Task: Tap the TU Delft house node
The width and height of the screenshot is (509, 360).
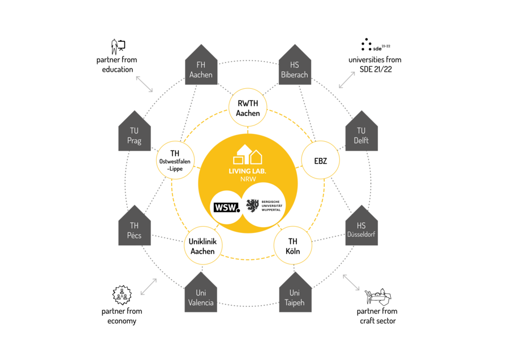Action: [x=361, y=135]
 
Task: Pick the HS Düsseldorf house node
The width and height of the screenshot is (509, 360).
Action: [x=361, y=229]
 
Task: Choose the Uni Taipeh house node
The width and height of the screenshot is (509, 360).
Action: [x=295, y=296]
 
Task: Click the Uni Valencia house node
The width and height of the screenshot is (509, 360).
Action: [x=201, y=296]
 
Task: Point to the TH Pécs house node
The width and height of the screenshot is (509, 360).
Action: [x=134, y=229]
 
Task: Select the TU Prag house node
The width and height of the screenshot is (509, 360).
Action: [x=134, y=135]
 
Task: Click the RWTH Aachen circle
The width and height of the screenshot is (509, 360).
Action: [x=248, y=107]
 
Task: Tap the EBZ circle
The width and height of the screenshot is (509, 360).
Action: [x=320, y=161]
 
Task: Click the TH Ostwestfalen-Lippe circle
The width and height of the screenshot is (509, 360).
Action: [x=176, y=161]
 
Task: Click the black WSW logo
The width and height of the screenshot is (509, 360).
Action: [x=226, y=206]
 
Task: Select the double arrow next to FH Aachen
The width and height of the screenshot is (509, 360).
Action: [x=145, y=84]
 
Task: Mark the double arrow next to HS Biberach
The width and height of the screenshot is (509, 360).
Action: [x=347, y=80]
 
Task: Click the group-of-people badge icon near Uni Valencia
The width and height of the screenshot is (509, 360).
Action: [x=120, y=294]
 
